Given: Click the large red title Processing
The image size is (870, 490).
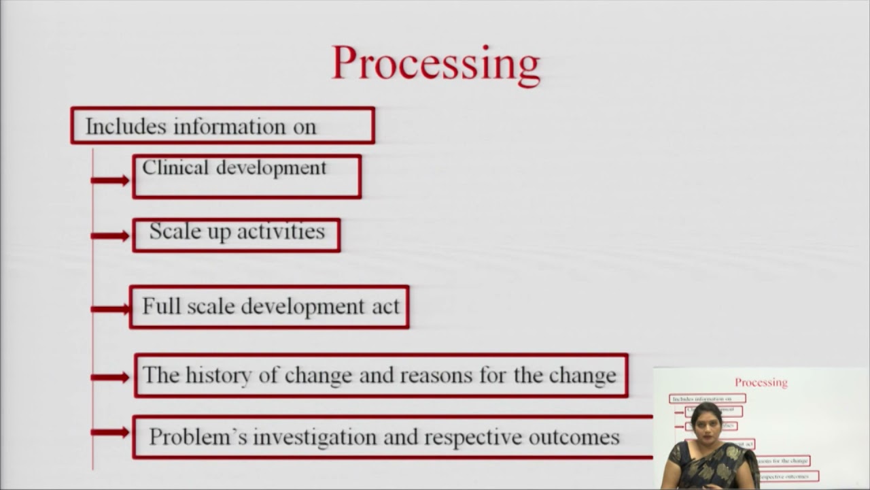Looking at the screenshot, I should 436,64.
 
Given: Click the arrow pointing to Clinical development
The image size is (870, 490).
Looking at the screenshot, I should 110,180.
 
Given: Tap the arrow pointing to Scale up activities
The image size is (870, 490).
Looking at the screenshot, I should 110,236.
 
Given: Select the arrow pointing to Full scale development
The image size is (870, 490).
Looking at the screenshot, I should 110,309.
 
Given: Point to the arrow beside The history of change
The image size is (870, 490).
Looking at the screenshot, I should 110,377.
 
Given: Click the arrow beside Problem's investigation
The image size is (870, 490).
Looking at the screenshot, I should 110,432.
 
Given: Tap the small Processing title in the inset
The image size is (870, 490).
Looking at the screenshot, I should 761,382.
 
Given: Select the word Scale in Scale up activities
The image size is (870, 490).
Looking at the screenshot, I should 175,232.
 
